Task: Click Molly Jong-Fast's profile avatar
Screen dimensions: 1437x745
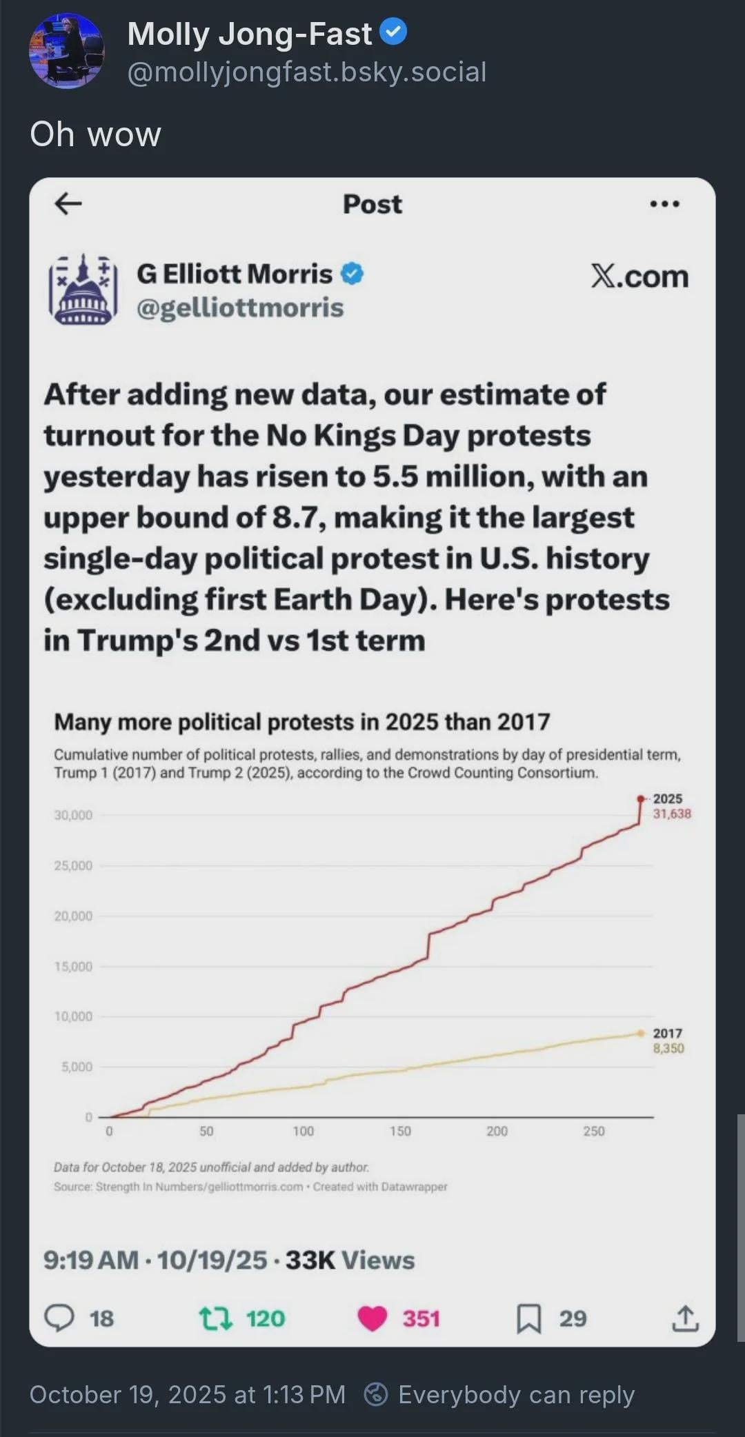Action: point(66,51)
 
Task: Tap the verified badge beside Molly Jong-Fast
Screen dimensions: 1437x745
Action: point(393,32)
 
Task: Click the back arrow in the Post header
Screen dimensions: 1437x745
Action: point(68,203)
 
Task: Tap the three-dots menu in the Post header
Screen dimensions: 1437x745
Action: point(664,204)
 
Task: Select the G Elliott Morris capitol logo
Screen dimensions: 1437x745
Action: point(83,290)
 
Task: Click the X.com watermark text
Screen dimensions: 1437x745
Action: point(639,277)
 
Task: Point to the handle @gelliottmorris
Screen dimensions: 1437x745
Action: point(239,308)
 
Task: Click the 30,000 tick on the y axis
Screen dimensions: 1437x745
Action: point(73,815)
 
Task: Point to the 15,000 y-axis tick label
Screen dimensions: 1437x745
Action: point(73,967)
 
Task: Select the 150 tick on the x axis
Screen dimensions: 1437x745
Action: point(400,1132)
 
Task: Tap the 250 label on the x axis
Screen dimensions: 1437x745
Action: point(594,1132)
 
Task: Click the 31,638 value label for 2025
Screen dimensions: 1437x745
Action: point(672,814)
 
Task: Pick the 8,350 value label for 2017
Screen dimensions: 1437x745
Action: point(668,1048)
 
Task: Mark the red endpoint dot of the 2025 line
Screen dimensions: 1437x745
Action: point(641,798)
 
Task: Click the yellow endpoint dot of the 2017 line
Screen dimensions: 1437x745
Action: point(641,1033)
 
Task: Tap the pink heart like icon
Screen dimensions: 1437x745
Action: point(372,1318)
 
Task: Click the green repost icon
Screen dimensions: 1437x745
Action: point(215,1318)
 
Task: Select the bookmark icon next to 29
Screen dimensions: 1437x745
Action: point(529,1318)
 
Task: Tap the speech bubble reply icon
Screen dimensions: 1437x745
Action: point(59,1318)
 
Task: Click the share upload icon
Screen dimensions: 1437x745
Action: point(685,1318)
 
